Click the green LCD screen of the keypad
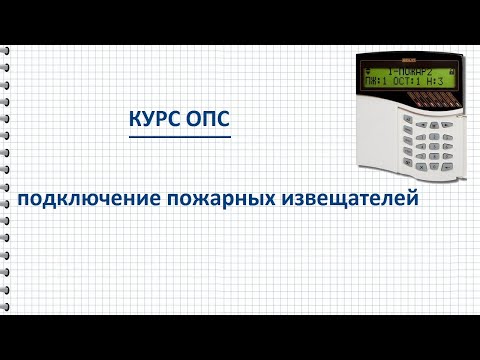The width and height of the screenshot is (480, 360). pyautogui.click(x=406, y=77)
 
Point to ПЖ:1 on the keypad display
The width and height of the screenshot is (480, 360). pyautogui.click(x=378, y=82)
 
